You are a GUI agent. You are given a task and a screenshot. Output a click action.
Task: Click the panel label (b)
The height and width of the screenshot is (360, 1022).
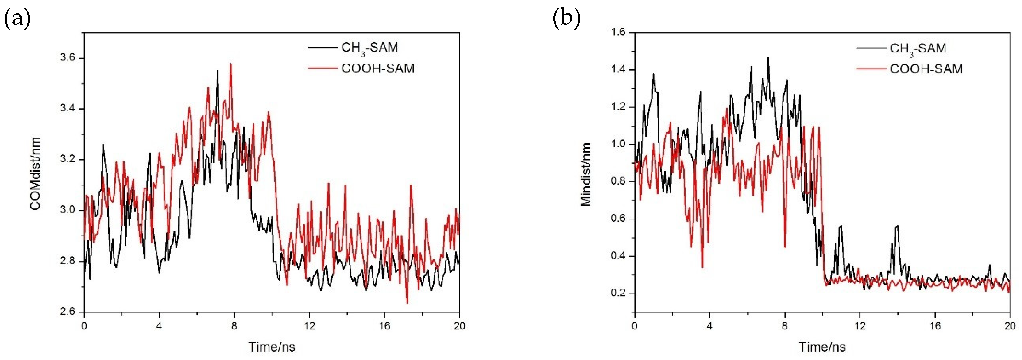click(566, 19)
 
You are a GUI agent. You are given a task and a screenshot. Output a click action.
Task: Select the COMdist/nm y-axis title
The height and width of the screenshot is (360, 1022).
click(35, 173)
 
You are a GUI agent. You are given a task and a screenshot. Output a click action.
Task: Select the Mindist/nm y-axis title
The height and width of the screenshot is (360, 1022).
click(586, 175)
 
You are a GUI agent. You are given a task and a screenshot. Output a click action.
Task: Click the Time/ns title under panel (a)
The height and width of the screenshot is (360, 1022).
click(272, 347)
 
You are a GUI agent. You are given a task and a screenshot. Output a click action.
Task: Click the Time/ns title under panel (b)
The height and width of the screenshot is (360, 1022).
click(822, 347)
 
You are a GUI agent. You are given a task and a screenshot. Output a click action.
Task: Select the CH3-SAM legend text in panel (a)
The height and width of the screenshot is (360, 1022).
click(369, 48)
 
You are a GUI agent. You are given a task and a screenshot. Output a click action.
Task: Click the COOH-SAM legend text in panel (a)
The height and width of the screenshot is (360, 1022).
click(378, 69)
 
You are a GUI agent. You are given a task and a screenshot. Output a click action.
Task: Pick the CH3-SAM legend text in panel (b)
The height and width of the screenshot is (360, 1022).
click(918, 48)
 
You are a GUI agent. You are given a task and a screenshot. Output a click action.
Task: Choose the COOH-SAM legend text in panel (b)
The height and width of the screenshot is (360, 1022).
click(926, 69)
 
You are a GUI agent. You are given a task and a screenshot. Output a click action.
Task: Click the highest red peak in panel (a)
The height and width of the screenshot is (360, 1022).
click(230, 64)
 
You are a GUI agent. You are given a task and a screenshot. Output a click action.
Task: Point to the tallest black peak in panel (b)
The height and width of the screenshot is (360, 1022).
click(768, 58)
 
